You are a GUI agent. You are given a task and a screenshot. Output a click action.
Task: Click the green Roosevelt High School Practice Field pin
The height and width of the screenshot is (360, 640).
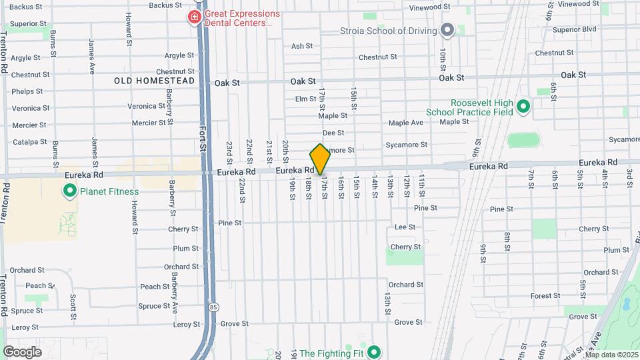point(523,106)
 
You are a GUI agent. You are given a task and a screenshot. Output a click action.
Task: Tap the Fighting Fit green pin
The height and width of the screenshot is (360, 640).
point(375,353)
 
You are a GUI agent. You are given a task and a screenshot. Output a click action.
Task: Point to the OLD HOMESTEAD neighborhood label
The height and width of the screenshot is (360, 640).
point(154,81)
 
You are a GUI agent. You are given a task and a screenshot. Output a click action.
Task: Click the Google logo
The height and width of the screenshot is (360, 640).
point(22,351)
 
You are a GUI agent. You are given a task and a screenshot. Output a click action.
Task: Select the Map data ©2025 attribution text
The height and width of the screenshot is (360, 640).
point(611,355)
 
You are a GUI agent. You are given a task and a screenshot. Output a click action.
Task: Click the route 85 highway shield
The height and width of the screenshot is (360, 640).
point(213,307)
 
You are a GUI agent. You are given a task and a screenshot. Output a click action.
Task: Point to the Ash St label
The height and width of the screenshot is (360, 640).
point(301,46)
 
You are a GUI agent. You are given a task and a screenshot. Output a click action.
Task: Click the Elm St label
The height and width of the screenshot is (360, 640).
point(305,99)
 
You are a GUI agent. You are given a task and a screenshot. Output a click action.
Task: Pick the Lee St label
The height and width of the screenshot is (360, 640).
point(405,227)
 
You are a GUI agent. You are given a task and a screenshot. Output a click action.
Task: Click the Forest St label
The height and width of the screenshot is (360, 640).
point(545,295)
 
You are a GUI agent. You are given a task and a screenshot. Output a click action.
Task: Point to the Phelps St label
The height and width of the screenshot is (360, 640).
point(27,91)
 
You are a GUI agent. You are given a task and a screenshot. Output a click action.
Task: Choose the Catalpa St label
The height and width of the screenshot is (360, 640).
point(27,142)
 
